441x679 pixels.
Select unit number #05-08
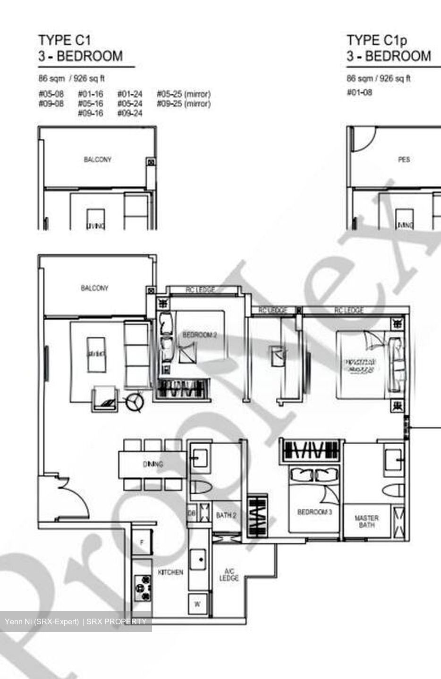click(51, 94)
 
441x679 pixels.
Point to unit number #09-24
click(129, 113)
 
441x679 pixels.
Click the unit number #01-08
click(359, 92)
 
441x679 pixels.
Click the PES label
click(404, 159)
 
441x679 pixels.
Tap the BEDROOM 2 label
click(199, 335)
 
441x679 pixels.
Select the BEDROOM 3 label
click(314, 512)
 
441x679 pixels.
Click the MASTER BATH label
click(366, 521)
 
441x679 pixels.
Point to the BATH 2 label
click(226, 515)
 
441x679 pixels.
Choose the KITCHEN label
click(170, 572)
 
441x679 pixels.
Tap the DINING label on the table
click(153, 464)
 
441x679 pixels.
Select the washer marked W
click(197, 604)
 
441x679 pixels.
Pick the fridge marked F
click(141, 543)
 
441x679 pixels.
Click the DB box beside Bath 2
click(192, 513)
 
